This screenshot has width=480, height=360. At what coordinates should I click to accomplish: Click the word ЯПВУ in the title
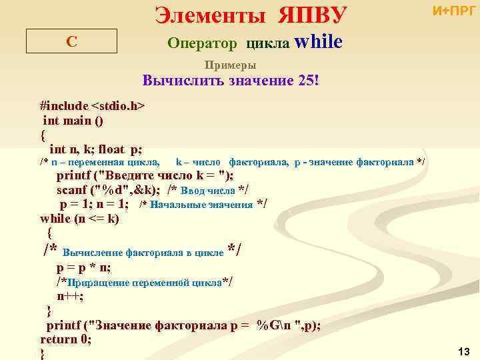[303, 15]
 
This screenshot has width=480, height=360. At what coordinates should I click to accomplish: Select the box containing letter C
[71, 41]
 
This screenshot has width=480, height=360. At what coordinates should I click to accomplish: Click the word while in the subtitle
[318, 43]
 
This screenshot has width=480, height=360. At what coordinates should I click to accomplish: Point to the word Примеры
[230, 65]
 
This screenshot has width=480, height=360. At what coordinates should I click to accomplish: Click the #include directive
[63, 106]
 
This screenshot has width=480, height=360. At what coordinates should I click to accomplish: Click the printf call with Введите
[144, 176]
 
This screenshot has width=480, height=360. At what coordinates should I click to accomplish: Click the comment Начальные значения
[203, 205]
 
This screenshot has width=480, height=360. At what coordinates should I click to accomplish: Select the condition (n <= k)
[95, 218]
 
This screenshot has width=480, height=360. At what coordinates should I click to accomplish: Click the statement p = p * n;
[83, 268]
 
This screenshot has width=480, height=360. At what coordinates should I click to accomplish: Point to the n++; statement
[69, 297]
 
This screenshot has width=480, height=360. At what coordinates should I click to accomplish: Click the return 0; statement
[65, 339]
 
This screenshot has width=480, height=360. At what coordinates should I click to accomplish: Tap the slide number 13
[464, 351]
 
